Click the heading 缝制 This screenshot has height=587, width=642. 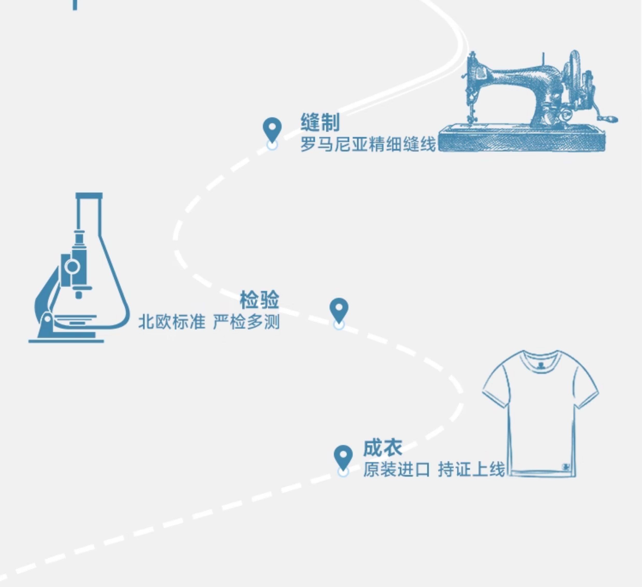coord(320,122)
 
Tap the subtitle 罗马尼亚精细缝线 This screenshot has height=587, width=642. coord(368,144)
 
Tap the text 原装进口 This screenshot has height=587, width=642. coord(397,469)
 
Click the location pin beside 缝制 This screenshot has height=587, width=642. coord(272,129)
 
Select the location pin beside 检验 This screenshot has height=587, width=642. coord(339,309)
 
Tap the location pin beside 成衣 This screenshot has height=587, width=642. coord(343,456)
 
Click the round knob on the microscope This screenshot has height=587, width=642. coord(72,266)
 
